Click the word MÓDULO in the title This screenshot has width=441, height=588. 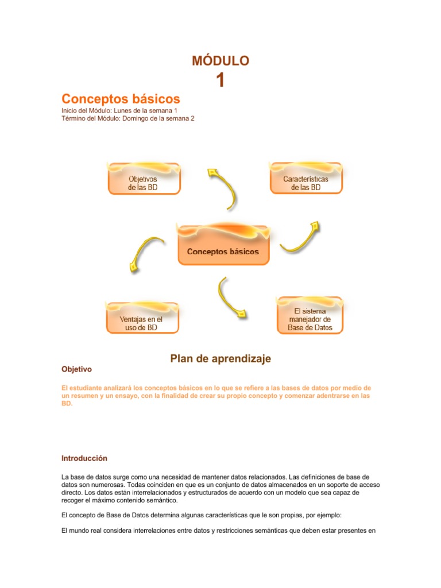pos(220,61)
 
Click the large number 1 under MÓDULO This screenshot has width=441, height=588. pos(220,81)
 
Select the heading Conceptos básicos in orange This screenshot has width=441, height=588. pos(121,99)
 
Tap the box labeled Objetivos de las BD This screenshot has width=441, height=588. pos(144,180)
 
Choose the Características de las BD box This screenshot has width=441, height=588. pos(306,180)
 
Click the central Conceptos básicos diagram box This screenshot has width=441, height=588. pos(223,247)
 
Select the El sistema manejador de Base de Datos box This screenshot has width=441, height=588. pos(310,317)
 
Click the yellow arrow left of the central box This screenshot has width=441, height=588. pos(143,252)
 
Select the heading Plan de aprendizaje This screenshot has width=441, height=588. pos(220,359)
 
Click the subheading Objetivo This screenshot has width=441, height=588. pos(76,369)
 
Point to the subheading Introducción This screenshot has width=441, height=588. pos(84,458)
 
